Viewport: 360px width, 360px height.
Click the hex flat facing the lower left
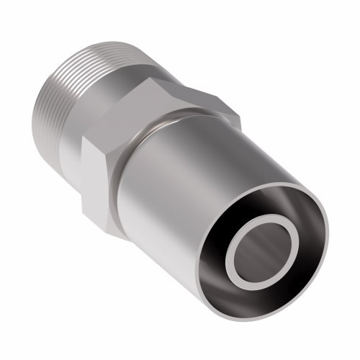point(101,180)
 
